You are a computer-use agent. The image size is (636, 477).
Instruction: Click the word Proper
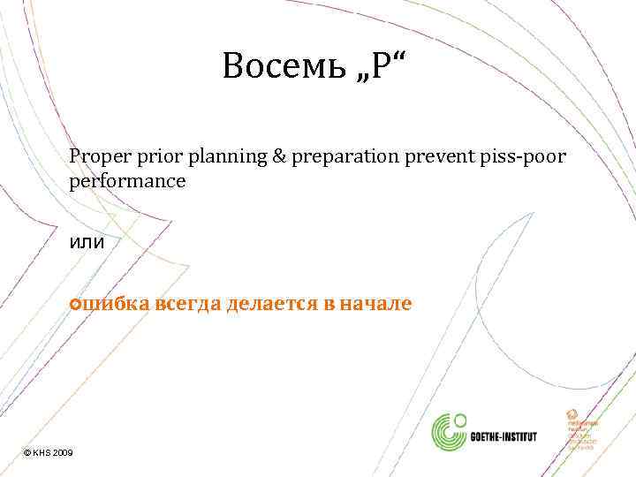coord(98,156)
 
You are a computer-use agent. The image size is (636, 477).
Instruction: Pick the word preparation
coord(338,157)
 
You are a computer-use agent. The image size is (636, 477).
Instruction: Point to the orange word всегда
coord(189,304)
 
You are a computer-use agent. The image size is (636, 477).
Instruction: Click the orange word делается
coord(269,304)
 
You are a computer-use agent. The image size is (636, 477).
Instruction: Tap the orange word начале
coord(376,304)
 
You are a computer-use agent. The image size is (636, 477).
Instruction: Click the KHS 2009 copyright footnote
coord(49,452)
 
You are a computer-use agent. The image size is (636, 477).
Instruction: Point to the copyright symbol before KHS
coord(27,452)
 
